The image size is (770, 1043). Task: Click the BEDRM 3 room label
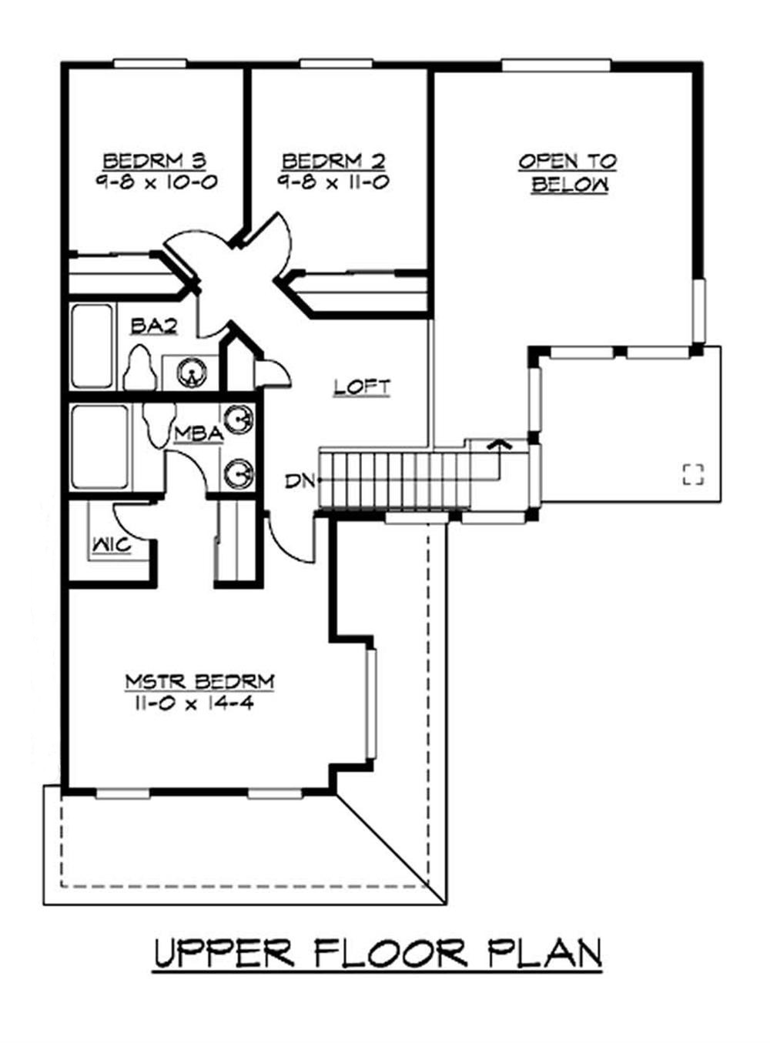(x=154, y=161)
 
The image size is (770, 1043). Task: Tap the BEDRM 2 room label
(x=333, y=161)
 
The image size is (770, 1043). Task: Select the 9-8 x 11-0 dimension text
(x=333, y=182)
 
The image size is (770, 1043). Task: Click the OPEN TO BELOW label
(x=568, y=172)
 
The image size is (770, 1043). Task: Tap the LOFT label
(x=362, y=386)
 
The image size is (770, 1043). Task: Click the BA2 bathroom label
(x=154, y=326)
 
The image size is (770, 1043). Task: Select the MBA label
(x=198, y=434)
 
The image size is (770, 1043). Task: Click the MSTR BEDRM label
(x=199, y=681)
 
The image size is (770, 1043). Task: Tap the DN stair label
(x=299, y=481)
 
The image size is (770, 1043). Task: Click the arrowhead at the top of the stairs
(x=500, y=443)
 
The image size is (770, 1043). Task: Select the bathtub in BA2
(x=92, y=346)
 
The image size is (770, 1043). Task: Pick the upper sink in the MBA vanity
(x=239, y=420)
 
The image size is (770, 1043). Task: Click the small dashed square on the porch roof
(x=694, y=475)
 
